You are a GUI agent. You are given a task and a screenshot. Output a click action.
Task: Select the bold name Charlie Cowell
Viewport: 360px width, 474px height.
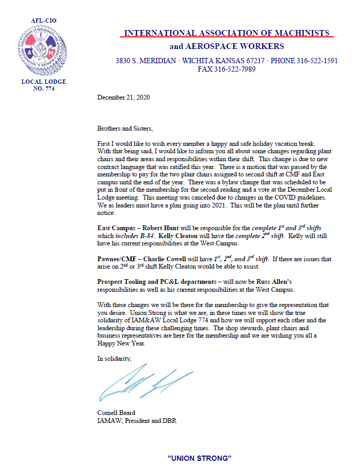coord(171,259)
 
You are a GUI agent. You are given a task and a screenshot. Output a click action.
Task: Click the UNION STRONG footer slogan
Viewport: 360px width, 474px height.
coord(199,458)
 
